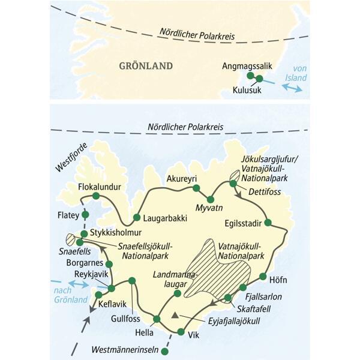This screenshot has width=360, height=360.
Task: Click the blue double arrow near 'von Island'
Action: [292, 88]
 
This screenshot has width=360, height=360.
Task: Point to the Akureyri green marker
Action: [195, 188]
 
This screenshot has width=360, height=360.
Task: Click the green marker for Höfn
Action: [263, 277]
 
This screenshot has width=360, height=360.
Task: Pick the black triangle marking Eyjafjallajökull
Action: [175, 315]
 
